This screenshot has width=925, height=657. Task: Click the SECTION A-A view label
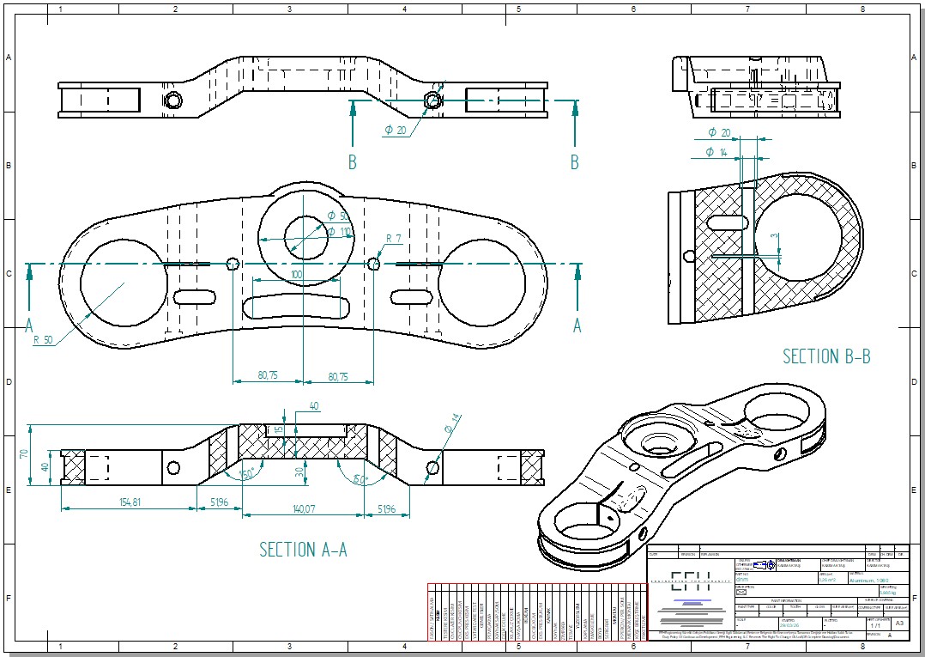pyautogui.click(x=303, y=550)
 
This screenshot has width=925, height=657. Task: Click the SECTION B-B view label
pyautogui.click(x=826, y=356)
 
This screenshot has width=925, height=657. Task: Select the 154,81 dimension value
pyautogui.click(x=127, y=502)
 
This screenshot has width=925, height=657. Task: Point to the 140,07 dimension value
pyautogui.click(x=304, y=509)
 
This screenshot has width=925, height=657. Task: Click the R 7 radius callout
pyautogui.click(x=393, y=238)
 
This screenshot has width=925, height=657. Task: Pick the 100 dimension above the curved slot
pyautogui.click(x=297, y=273)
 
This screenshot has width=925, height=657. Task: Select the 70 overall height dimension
pyautogui.click(x=24, y=453)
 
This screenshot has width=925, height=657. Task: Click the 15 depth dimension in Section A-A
pyautogui.click(x=279, y=430)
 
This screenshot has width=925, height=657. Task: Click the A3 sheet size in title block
pyautogui.click(x=899, y=623)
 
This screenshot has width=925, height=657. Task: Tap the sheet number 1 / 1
pyautogui.click(x=874, y=626)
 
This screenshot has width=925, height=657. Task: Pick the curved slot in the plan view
pyautogui.click(x=297, y=307)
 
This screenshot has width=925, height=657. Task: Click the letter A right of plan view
pyautogui.click(x=577, y=325)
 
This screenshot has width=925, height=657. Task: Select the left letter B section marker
pyautogui.click(x=352, y=162)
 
